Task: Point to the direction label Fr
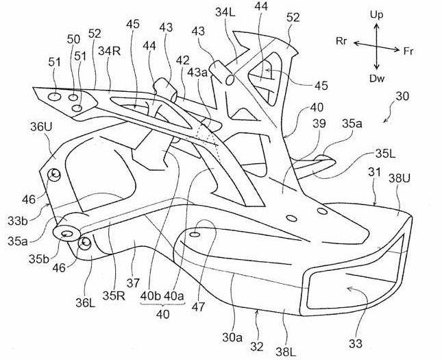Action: [408, 50]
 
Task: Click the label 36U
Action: [40, 128]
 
